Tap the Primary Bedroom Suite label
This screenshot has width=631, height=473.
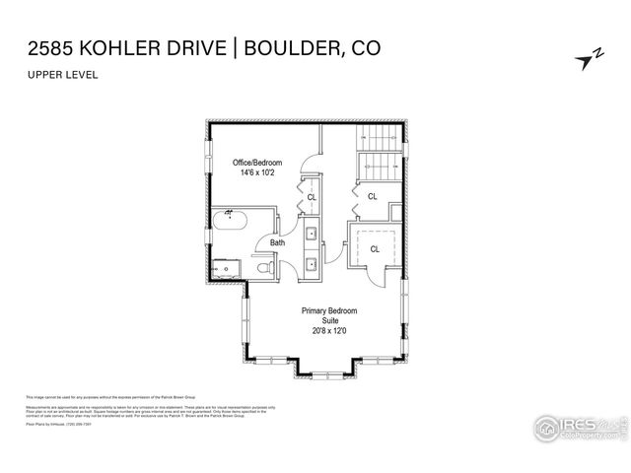click(329, 316)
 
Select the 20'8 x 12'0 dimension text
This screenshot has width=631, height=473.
click(329, 331)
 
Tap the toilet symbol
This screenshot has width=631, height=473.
click(262, 266)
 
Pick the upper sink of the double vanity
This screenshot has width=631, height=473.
click(310, 235)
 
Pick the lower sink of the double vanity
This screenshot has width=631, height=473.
click(310, 263)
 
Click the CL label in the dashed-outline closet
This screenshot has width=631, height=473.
click(375, 249)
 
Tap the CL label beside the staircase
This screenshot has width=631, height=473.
click(372, 196)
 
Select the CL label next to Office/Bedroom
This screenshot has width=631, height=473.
click(312, 196)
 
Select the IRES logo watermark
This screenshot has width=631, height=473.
click(578, 429)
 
